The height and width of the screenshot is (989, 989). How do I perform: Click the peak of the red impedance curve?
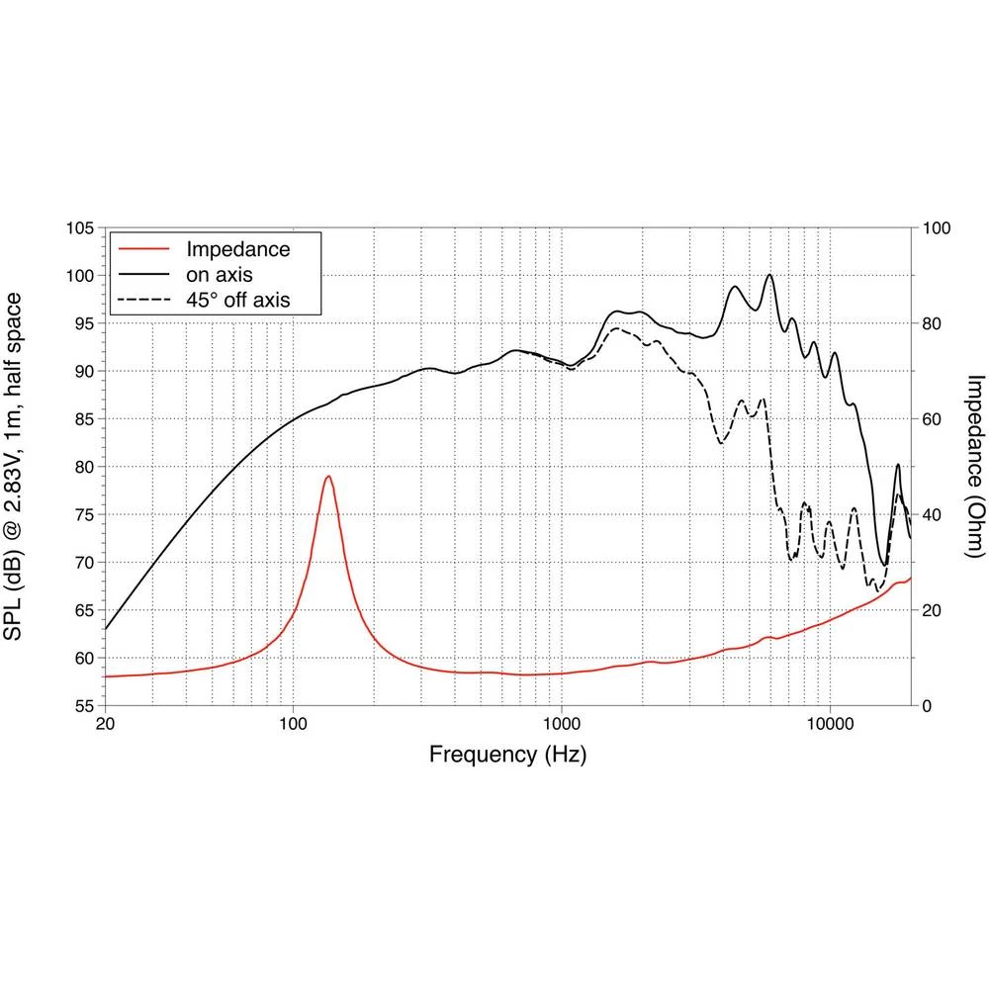[327, 477]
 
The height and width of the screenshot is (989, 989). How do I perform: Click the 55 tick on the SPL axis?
[83, 706]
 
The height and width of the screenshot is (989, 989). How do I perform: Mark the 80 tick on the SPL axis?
[83, 467]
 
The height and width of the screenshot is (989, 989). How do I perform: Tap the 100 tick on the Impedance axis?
[936, 228]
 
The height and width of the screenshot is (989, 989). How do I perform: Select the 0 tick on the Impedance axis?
[927, 706]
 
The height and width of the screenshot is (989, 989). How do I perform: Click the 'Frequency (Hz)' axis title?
[507, 756]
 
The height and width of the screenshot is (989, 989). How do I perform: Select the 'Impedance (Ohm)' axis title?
[975, 467]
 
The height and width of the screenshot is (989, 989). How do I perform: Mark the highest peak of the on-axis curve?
[769, 275]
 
